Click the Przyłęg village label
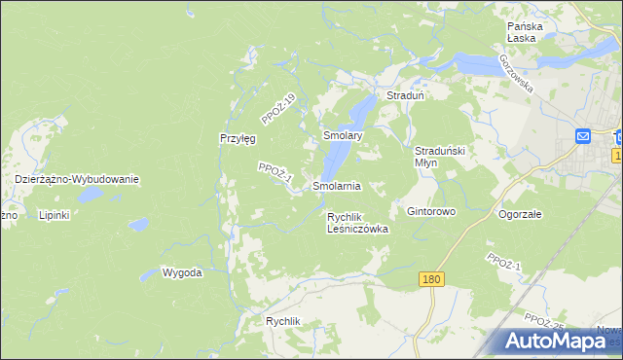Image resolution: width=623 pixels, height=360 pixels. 237,139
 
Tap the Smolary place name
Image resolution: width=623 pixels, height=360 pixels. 343,137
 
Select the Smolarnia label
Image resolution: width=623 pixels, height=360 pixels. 337,185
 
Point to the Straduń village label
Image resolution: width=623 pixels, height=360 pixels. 404,96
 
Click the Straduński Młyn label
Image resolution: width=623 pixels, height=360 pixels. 443,157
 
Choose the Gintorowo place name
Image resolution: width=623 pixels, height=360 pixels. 431,211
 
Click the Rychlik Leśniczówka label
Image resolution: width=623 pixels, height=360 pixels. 357,224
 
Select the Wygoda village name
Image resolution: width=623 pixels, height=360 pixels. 182,272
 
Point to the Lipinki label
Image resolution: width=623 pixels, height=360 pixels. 54,214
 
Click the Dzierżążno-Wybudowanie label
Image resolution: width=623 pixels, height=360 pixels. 78,180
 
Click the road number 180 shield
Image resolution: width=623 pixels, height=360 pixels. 433,279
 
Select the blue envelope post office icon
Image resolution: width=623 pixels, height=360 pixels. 583,137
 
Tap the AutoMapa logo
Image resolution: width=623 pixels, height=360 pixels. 560,341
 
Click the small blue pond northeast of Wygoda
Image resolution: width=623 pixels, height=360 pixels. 138,225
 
